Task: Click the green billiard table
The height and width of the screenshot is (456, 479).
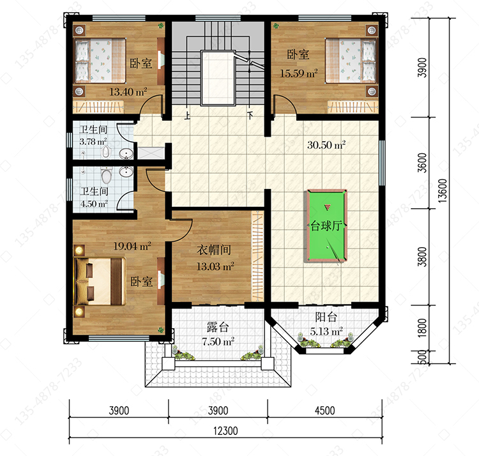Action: coord(326,225)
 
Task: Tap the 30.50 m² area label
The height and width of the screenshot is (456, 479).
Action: coord(326,145)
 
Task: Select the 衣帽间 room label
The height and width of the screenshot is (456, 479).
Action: coord(214,250)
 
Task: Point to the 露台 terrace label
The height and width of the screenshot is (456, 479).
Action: coord(218,327)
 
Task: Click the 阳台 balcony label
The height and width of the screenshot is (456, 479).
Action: coord(326,317)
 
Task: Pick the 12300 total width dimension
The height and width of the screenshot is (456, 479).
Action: coord(225,431)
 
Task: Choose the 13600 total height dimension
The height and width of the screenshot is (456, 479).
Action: coord(443,191)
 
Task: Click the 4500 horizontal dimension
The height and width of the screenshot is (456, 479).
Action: coord(324,411)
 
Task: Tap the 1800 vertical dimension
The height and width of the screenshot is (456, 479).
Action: coord(422,328)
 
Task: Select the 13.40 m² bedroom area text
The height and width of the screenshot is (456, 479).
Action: coord(128,91)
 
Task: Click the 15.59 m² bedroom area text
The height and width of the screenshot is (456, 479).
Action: coord(299,73)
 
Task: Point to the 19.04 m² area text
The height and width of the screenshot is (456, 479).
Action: coord(132,246)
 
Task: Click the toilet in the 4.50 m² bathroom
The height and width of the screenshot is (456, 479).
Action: coord(106,176)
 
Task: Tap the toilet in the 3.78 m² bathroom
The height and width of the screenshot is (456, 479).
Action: coord(105,152)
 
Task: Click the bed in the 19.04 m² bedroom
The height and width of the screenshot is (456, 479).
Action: coord(100,281)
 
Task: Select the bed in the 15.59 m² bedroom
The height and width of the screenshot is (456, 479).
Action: coord(351,61)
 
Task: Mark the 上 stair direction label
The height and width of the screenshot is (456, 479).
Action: coord(187,116)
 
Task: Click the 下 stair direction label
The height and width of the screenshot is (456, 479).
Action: coord(250,116)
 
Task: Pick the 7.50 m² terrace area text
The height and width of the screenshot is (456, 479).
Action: coord(218,341)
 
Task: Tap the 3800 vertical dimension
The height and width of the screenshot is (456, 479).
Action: coord(422,257)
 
